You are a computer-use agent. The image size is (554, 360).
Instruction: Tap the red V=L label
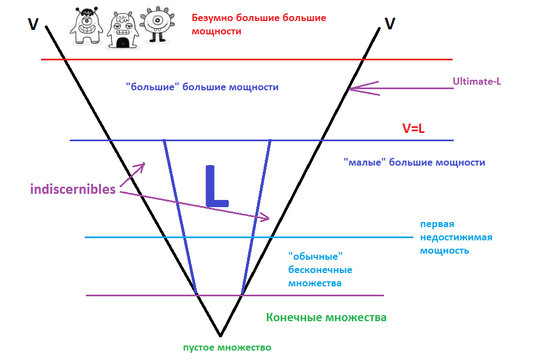[413, 129]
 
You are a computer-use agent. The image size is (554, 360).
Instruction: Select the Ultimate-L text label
[476, 81]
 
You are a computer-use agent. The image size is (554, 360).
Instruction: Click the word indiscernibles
[73, 189]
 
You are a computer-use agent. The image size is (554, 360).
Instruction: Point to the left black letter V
[33, 24]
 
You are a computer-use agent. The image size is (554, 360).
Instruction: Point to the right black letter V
[390, 24]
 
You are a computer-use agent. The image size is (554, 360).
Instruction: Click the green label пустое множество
[227, 348]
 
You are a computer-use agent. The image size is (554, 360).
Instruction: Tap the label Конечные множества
[326, 318]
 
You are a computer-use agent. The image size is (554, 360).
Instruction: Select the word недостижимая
[456, 237]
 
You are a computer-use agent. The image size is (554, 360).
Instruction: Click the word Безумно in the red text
[212, 18]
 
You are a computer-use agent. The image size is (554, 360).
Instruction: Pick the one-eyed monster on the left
[88, 25]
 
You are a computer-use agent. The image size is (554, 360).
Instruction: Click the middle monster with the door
[124, 29]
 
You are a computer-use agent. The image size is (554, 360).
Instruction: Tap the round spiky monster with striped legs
[158, 24]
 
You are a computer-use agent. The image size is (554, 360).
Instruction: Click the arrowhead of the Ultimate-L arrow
[351, 88]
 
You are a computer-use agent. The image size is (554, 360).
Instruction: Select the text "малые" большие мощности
[414, 163]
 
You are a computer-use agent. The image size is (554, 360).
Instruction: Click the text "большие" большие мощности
[202, 88]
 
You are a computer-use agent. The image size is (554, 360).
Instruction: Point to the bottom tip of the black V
[220, 335]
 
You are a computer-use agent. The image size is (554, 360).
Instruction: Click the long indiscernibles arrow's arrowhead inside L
[268, 219]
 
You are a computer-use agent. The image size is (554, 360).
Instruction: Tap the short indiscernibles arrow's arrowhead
[143, 164]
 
